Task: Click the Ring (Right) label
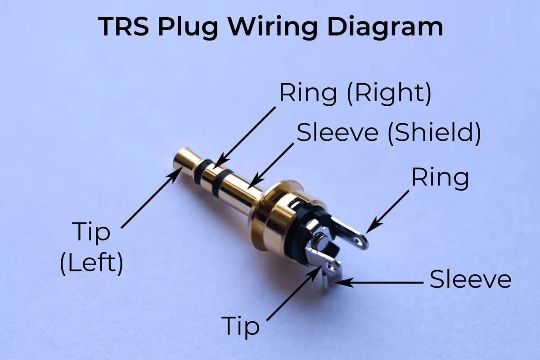[355, 93]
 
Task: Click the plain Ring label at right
[440, 178]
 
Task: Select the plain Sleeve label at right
[470, 279]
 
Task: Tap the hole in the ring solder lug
[360, 242]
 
